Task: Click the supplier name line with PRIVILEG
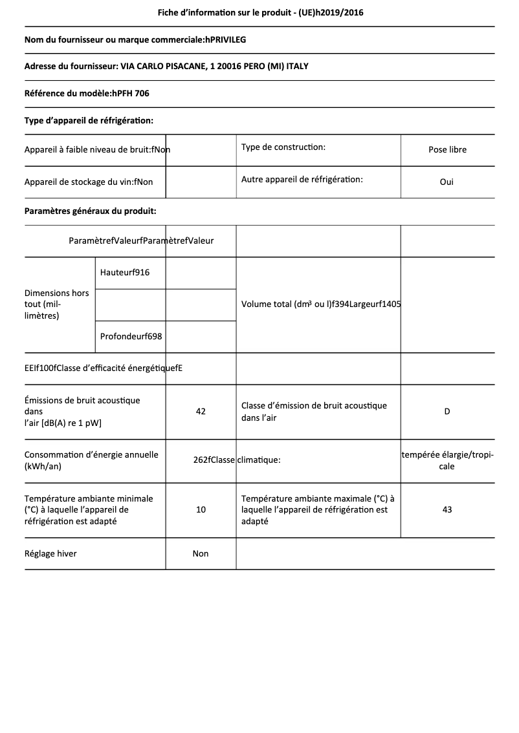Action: pos(135,40)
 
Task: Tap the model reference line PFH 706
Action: pos(87,94)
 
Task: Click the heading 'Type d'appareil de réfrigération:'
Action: pos(89,120)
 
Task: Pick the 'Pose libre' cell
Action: pos(447,149)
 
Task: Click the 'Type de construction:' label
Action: pos(283,147)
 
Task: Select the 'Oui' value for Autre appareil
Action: pos(447,182)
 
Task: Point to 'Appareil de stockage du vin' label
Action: pos(89,182)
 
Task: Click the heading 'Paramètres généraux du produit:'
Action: pos(90,211)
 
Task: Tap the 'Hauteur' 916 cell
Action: pos(125,273)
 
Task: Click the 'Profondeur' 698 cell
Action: pos(131,337)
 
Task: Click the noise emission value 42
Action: pos(201,411)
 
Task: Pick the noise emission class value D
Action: pos(447,411)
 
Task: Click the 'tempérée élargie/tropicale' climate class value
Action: pos(447,460)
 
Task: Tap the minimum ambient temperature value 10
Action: pos(201,509)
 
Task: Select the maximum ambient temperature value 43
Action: pos(447,509)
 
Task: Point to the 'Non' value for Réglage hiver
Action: pos(201,553)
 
